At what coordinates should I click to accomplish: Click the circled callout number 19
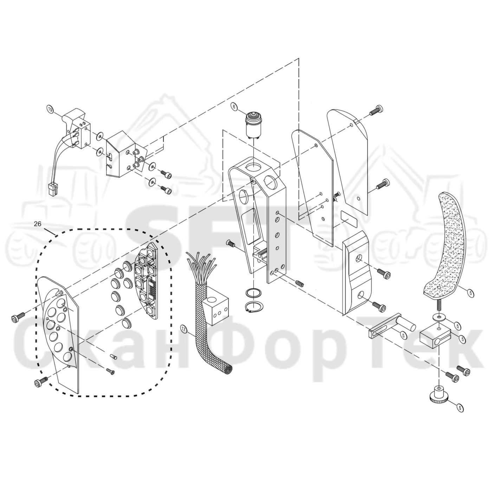pos(50,109)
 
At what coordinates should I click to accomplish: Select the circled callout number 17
pos(184,329)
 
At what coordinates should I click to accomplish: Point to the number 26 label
pos(37,224)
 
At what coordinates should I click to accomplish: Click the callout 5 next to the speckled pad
pos(471,293)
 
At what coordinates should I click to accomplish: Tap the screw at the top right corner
pos(376,110)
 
